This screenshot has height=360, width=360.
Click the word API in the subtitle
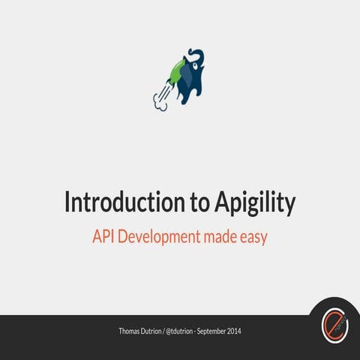tap(104, 237)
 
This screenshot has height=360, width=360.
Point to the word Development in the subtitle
tap(158, 237)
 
